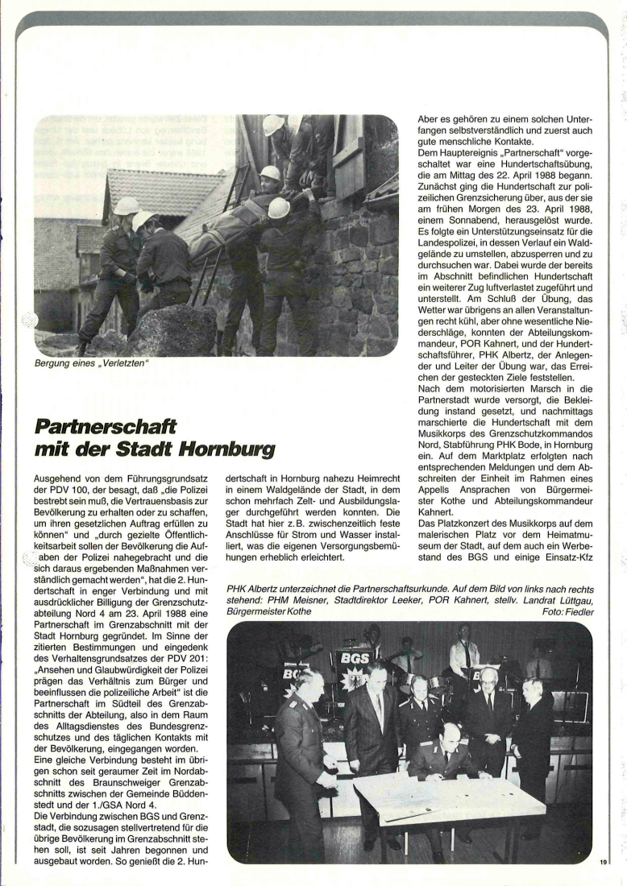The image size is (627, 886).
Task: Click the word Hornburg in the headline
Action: (x=230, y=448)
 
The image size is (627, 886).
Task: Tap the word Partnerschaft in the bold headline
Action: (x=106, y=424)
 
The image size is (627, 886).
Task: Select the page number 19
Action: (x=603, y=862)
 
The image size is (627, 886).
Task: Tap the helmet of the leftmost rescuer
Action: (x=126, y=205)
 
